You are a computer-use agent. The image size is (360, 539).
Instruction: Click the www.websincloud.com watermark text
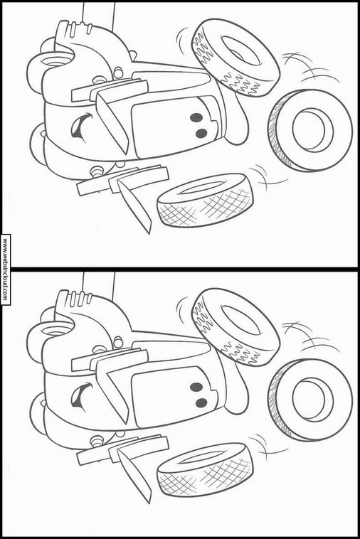click(5, 269)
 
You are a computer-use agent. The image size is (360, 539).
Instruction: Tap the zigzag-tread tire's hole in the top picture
click(240, 51)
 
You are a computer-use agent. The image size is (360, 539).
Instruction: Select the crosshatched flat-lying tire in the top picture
click(205, 200)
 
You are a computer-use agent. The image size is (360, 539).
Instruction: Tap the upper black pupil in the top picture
click(196, 117)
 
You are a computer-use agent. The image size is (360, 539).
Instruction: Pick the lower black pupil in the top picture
click(201, 133)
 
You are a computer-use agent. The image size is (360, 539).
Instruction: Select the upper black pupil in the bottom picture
click(196, 387)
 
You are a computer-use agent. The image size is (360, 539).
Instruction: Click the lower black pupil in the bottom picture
click(201, 403)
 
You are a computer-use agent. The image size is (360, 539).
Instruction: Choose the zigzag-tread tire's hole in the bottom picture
click(240, 321)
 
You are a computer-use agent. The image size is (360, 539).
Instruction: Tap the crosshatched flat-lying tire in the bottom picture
click(205, 469)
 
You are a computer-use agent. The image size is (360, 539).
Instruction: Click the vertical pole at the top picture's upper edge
click(98, 14)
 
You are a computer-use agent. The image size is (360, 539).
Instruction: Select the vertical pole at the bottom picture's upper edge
click(98, 284)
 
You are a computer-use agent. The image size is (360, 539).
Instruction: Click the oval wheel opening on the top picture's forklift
click(55, 61)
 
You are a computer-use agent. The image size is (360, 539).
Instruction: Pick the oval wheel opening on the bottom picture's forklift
click(55, 331)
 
